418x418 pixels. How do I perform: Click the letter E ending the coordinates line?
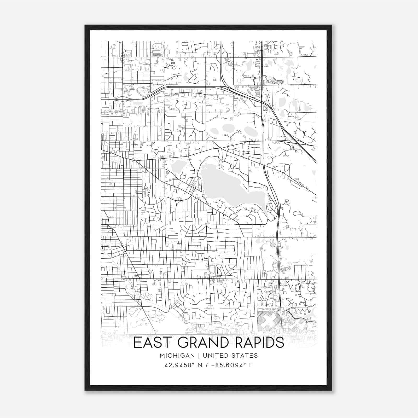pos(251,365)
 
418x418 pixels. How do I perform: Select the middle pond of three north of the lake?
pos(228,128)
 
